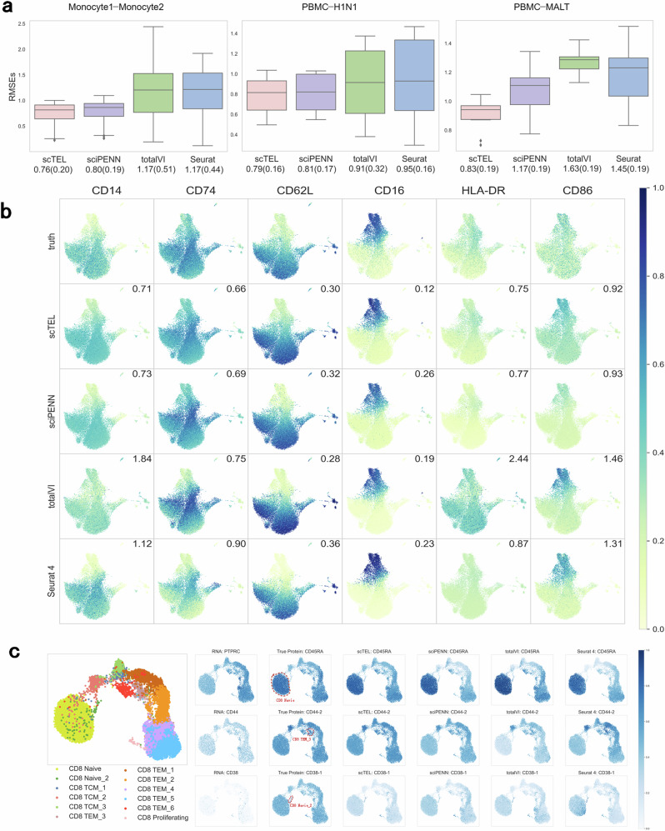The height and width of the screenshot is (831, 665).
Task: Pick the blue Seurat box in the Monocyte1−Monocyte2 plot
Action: [x=204, y=91]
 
